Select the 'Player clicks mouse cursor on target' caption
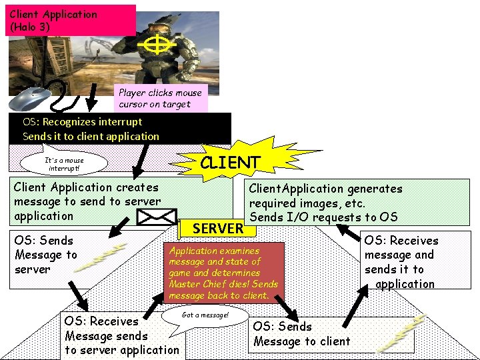tap(160, 98)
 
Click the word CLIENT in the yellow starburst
tap(230, 163)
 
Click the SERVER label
tap(218, 229)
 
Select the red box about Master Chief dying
tap(225, 273)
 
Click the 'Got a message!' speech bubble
tap(205, 315)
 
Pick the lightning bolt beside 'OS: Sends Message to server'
tap(100, 258)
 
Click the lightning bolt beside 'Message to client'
tap(400, 333)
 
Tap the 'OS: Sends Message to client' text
tap(301, 334)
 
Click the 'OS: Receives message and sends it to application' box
tap(401, 261)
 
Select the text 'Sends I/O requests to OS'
tap(323, 217)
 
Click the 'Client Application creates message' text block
tap(87, 201)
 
